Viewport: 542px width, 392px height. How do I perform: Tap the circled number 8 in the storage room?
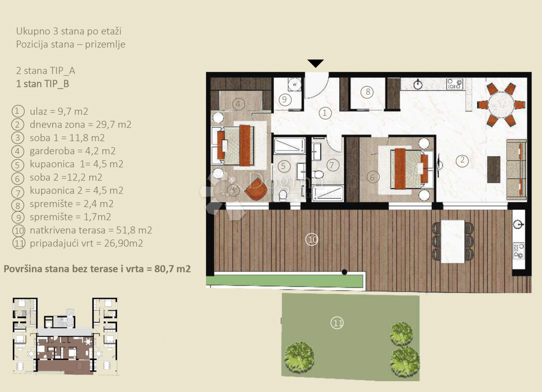pyautogui.click(x=368, y=92)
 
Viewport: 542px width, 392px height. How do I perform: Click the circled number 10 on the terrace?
pyautogui.click(x=312, y=239)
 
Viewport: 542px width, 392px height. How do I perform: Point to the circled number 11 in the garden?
pyautogui.click(x=337, y=322)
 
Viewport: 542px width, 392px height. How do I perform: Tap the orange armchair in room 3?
pyautogui.click(x=256, y=188)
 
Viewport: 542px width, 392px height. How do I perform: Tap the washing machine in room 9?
pyautogui.click(x=294, y=84)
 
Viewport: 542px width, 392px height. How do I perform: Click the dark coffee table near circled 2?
pyautogui.click(x=494, y=169)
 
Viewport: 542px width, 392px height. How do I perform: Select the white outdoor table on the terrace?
pyautogui.click(x=453, y=241)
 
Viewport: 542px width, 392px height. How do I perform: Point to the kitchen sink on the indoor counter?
pyautogui.click(x=418, y=84)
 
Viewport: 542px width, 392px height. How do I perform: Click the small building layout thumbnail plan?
pyautogui.click(x=66, y=336)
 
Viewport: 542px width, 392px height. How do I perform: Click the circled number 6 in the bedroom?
pyautogui.click(x=372, y=177)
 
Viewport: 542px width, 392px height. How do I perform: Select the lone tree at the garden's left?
pyautogui.click(x=299, y=355)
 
